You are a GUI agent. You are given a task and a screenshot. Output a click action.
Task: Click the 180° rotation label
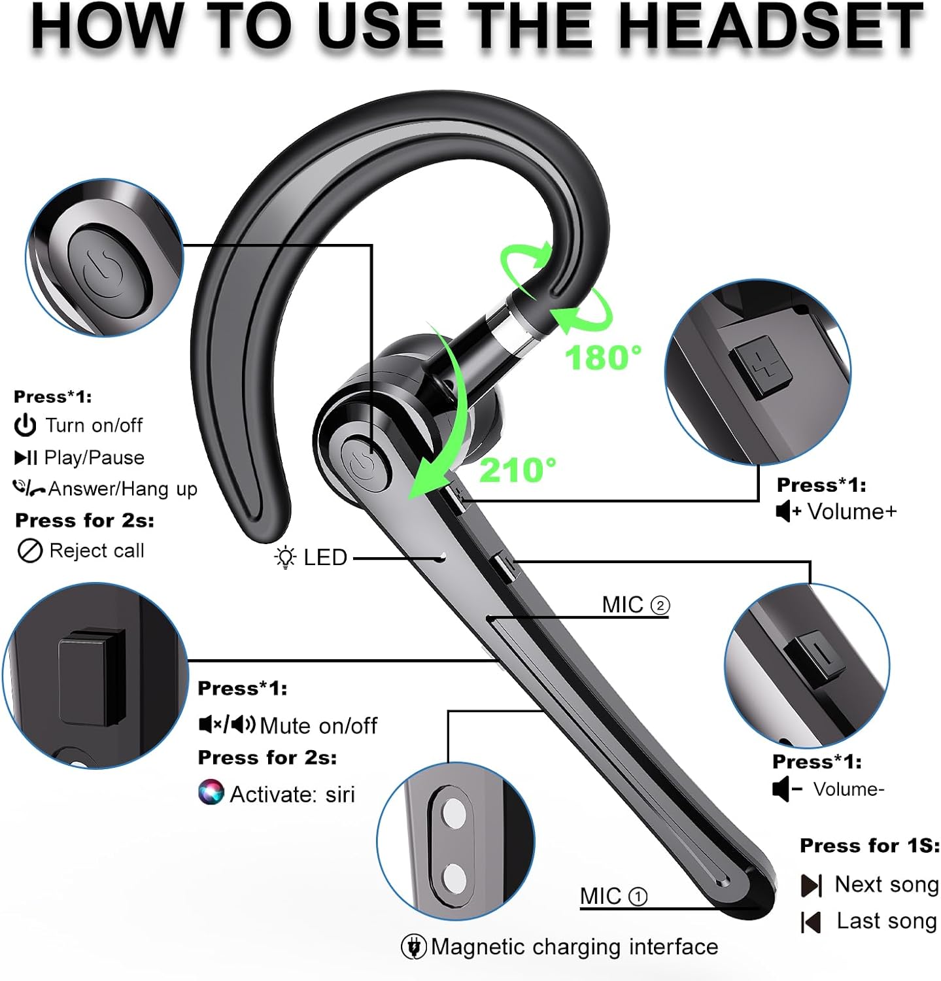(x=603, y=358)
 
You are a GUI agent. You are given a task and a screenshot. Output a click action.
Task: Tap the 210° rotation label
(x=518, y=470)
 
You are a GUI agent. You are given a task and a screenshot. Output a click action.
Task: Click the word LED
(x=325, y=558)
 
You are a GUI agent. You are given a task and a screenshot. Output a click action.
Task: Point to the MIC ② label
(x=635, y=605)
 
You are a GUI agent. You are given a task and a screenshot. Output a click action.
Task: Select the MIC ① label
(x=613, y=896)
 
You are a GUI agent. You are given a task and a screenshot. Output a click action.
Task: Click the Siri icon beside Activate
(x=211, y=793)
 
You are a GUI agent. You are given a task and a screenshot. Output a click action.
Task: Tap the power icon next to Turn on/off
(x=25, y=426)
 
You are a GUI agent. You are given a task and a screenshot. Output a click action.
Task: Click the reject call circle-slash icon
(x=29, y=551)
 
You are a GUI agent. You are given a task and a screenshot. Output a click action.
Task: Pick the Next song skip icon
(x=811, y=886)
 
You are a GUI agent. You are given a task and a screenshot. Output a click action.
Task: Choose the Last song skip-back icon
(x=810, y=922)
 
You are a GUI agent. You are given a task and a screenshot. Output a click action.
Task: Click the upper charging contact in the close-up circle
(x=452, y=816)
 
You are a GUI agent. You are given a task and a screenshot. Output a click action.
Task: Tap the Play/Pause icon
(x=26, y=458)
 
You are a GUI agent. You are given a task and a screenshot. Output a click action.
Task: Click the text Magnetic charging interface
(x=574, y=947)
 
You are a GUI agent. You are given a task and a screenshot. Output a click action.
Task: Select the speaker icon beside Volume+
(x=787, y=511)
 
